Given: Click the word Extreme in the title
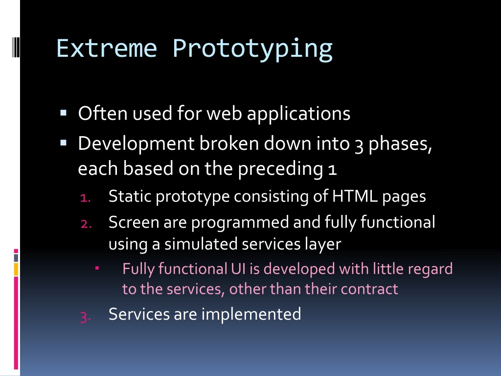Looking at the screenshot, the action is [107, 48].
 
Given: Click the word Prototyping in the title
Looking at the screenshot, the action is [252, 49].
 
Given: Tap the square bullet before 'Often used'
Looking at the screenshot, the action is [63, 113].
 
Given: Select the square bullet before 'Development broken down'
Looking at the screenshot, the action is [63, 142].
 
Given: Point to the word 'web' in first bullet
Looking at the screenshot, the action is [224, 113].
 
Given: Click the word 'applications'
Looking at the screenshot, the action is [299, 114].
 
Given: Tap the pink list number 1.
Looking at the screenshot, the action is [85, 198].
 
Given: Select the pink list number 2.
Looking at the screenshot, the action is [86, 223].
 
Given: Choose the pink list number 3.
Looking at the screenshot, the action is [85, 317].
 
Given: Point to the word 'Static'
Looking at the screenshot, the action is [130, 196].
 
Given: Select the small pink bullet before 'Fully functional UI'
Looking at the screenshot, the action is [97, 268].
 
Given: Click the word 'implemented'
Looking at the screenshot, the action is [251, 314].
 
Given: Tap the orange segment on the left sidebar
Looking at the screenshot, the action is [16, 269].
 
